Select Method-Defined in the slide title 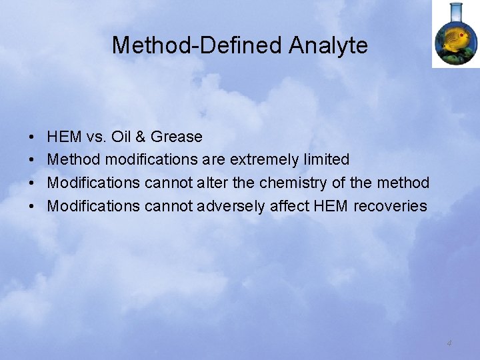197,45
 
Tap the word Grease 177,137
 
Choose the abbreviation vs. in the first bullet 93,137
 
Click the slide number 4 449,343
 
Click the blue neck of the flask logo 456,11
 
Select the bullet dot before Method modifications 33,160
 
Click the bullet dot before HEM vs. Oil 33,137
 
